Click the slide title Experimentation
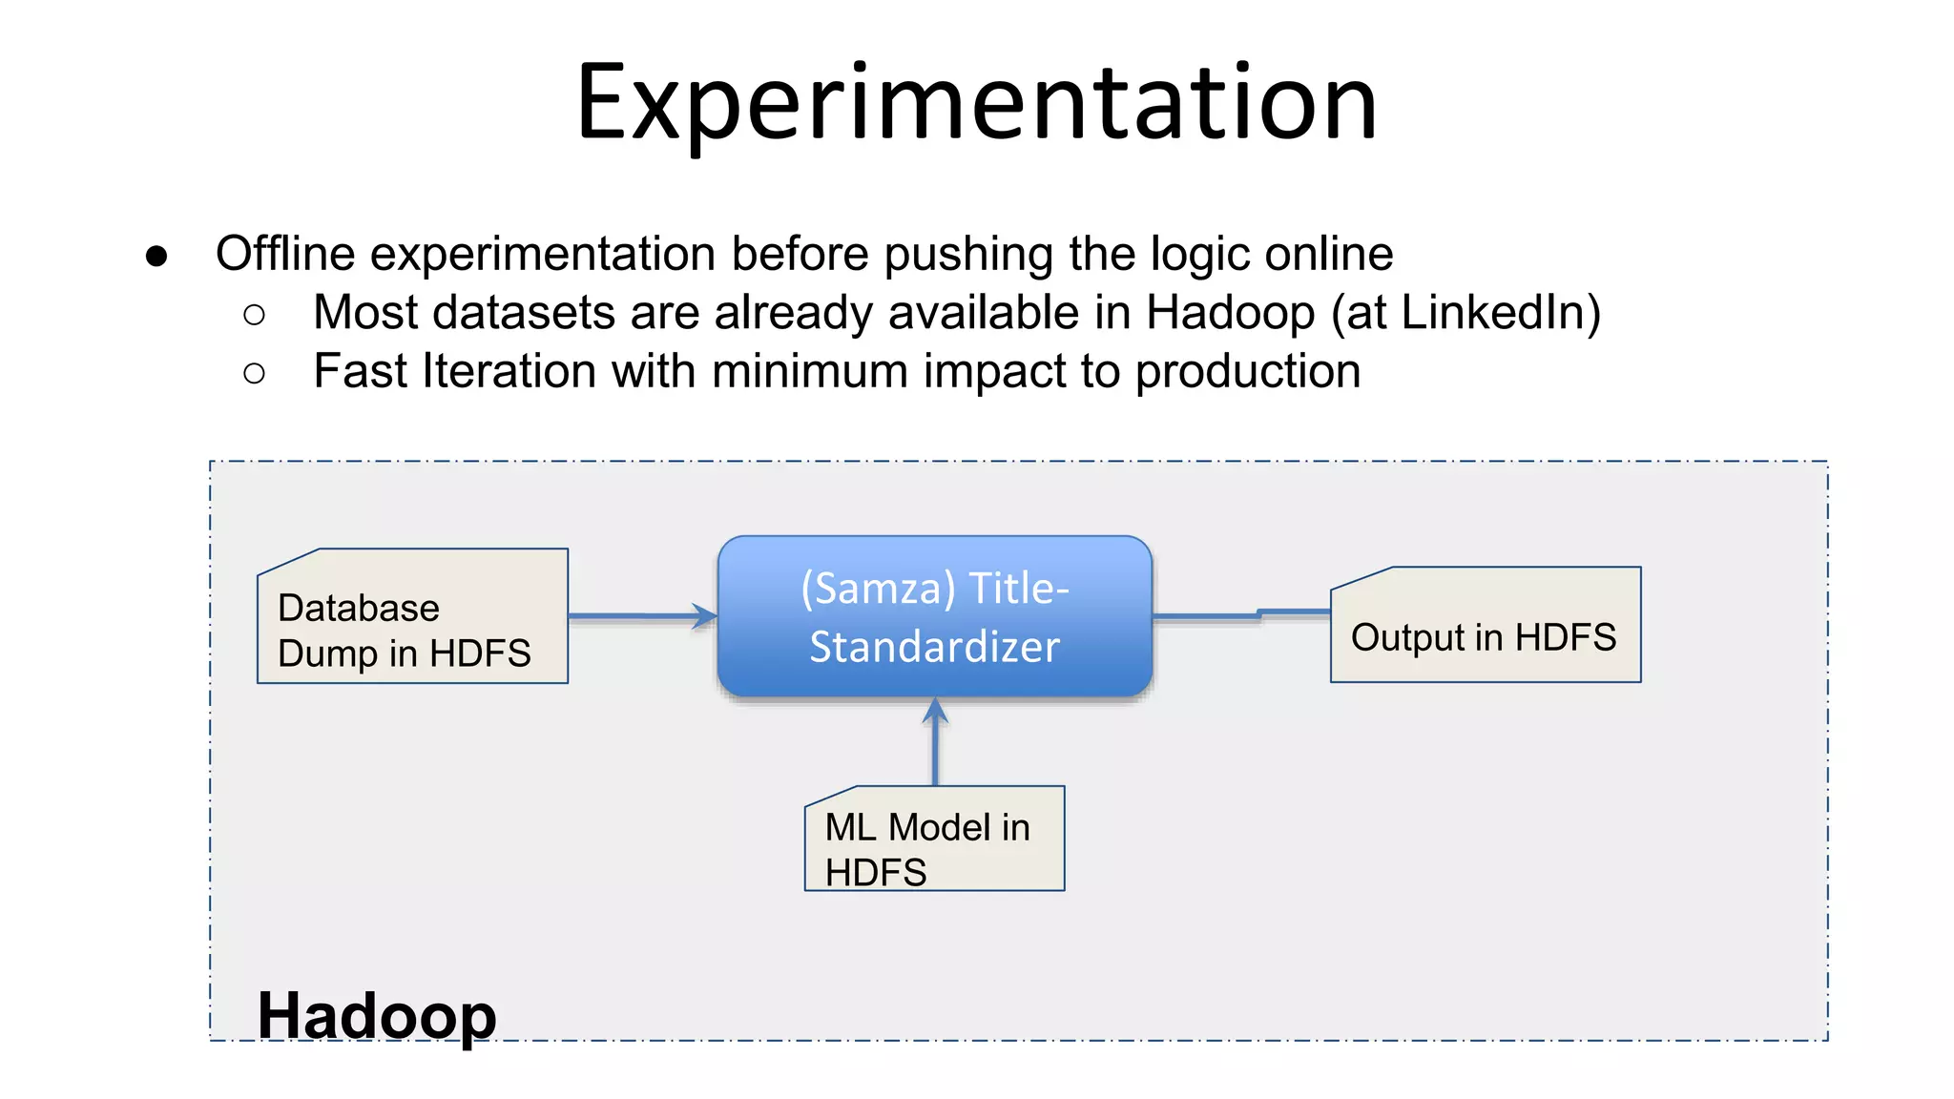click(977, 103)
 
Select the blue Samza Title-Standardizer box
click(935, 615)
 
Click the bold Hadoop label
click(377, 1015)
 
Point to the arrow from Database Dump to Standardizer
click(639, 616)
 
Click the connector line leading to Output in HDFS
click(1240, 615)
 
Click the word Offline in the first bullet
click(285, 254)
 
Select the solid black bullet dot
click(156, 256)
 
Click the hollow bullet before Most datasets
click(254, 315)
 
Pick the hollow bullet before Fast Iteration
click(254, 373)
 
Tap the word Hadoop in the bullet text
click(1230, 313)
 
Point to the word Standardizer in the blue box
click(935, 647)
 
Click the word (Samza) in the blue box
click(878, 589)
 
